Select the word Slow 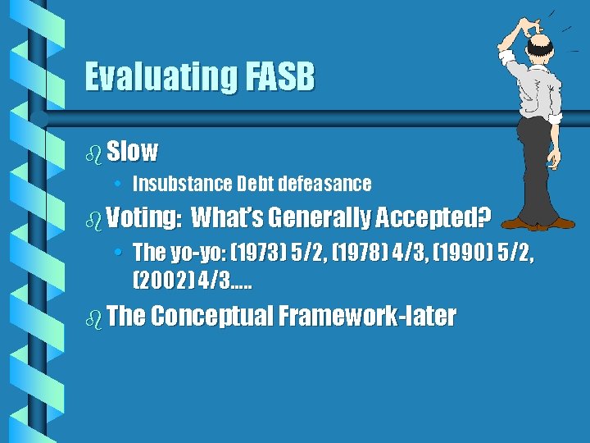click(132, 151)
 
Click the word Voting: click(143, 218)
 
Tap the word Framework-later click(367, 317)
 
